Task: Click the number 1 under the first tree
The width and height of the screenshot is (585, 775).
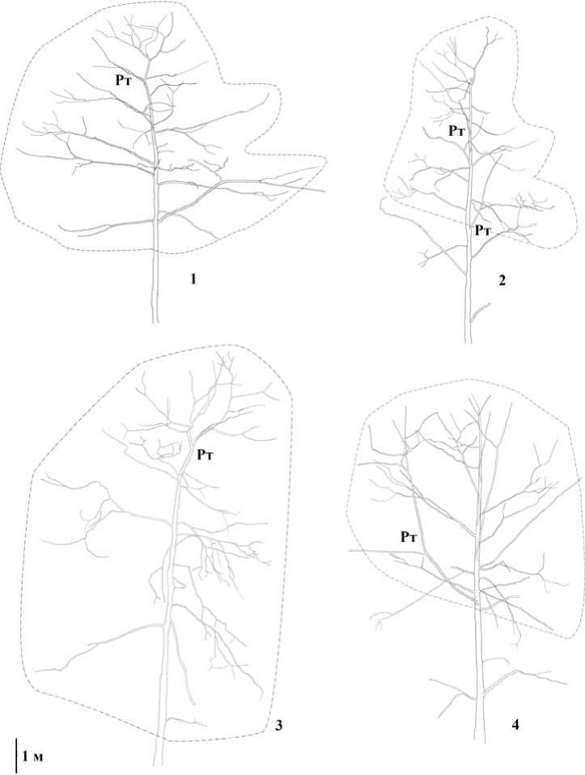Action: coord(193,280)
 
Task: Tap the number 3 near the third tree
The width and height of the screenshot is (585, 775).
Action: coord(279,726)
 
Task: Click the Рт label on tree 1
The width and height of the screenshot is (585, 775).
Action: coord(124,81)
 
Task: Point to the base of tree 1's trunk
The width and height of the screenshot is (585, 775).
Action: coord(155,322)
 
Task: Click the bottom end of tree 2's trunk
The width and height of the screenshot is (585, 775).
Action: coord(468,342)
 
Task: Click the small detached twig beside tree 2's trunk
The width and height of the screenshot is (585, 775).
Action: coord(480,312)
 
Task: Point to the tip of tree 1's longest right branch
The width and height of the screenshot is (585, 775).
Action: coord(324,191)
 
